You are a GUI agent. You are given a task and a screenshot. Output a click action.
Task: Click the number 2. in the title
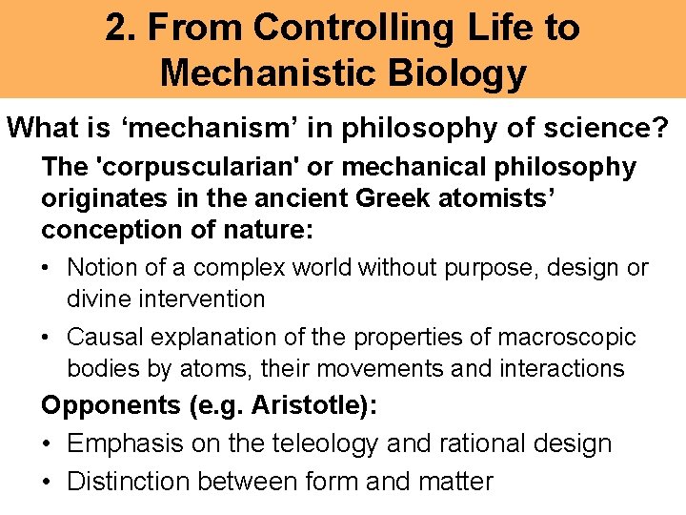tap(120, 28)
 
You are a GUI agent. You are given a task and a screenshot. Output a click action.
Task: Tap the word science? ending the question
tap(613, 127)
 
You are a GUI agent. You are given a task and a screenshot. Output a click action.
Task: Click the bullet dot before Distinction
tap(48, 482)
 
